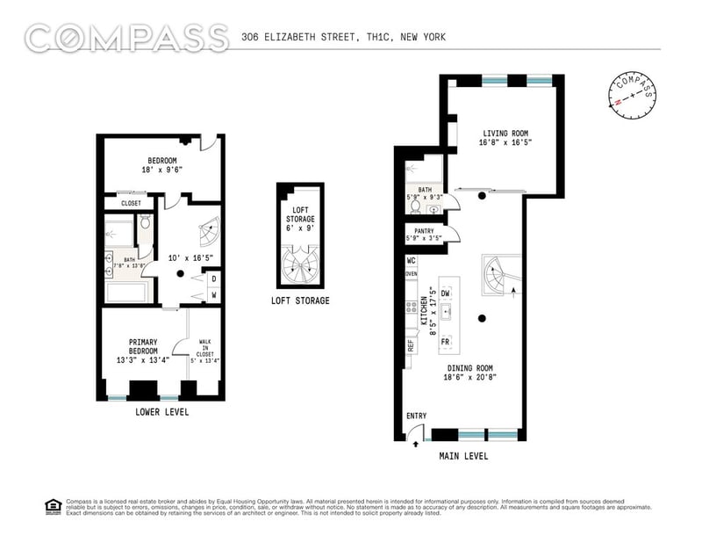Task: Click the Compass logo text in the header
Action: pyautogui.click(x=126, y=38)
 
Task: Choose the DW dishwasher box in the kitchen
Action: pyautogui.click(x=446, y=293)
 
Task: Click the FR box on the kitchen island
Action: pyautogui.click(x=446, y=341)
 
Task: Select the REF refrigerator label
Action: pyautogui.click(x=410, y=345)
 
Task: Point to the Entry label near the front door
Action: pyautogui.click(x=415, y=416)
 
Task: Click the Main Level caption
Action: pyautogui.click(x=463, y=456)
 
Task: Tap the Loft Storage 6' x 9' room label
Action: pyautogui.click(x=299, y=218)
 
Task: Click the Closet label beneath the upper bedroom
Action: pyautogui.click(x=131, y=203)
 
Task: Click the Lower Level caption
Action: pyautogui.click(x=162, y=411)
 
